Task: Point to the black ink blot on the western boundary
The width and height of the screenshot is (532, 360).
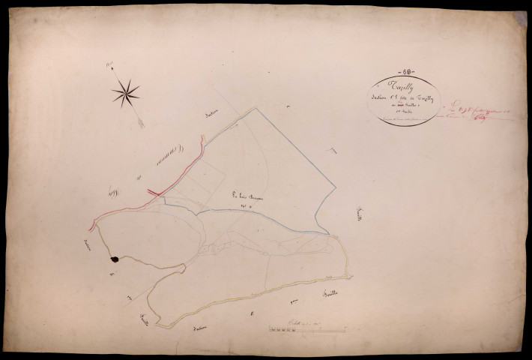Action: pyautogui.click(x=115, y=259)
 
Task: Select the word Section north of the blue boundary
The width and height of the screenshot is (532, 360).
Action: pyautogui.click(x=216, y=115)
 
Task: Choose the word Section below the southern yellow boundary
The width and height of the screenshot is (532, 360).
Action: pyautogui.click(x=198, y=331)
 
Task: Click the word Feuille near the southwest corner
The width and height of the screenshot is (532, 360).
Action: pyautogui.click(x=141, y=322)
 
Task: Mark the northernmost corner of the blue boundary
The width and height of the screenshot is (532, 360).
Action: pyautogui.click(x=256, y=108)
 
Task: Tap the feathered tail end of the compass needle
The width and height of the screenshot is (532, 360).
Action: pyautogui.click(x=140, y=122)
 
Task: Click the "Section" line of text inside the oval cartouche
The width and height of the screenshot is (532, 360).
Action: pyautogui.click(x=405, y=102)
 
